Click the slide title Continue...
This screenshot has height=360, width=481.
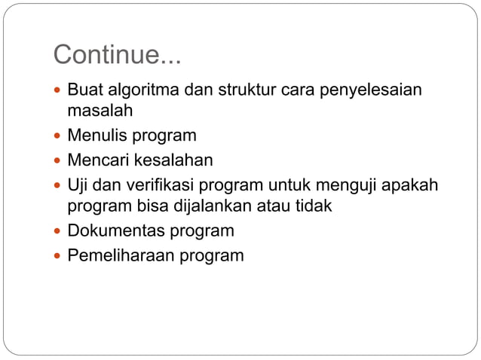coord(118,55)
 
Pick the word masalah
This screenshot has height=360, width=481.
coord(100,111)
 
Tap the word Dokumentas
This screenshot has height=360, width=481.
coord(115,230)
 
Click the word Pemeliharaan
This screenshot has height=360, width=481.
coord(120,255)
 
